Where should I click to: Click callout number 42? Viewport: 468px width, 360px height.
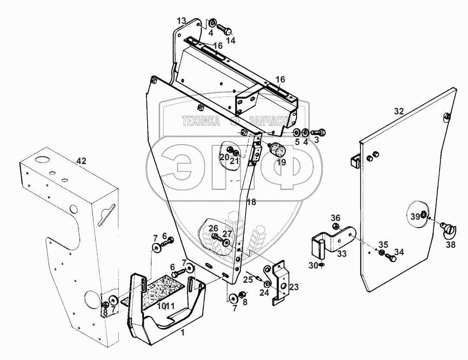click(x=82, y=161)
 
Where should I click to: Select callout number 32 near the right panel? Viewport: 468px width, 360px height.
click(x=398, y=111)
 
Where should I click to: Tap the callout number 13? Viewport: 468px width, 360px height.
click(x=181, y=21)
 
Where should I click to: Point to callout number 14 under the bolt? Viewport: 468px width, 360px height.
click(x=231, y=41)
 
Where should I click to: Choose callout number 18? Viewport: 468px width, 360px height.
click(x=251, y=202)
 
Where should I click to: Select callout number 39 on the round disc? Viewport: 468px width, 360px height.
click(x=415, y=217)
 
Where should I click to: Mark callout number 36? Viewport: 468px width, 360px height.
click(x=335, y=218)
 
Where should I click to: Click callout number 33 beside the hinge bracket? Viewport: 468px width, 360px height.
click(x=342, y=254)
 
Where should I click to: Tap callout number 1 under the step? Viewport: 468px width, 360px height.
click(x=183, y=333)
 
